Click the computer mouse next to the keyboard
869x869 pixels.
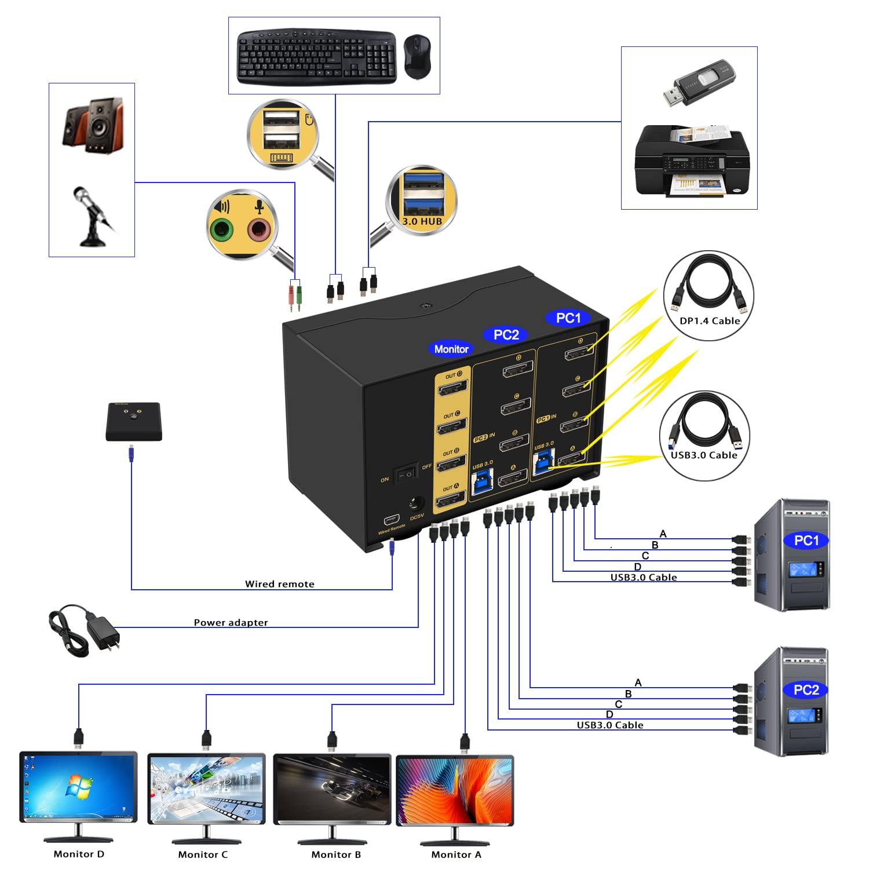tap(417, 57)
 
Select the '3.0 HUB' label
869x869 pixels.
tap(422, 221)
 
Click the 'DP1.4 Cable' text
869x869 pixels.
tap(709, 321)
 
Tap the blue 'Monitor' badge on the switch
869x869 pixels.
tap(451, 349)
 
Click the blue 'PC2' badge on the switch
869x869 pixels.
tap(506, 334)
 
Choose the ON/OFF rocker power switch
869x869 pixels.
tap(406, 474)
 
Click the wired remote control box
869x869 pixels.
tap(134, 422)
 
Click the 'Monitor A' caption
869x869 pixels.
tap(456, 855)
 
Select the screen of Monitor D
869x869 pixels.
tap(78, 787)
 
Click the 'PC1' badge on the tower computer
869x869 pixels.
tap(806, 541)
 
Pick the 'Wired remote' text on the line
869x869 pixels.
tap(279, 584)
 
